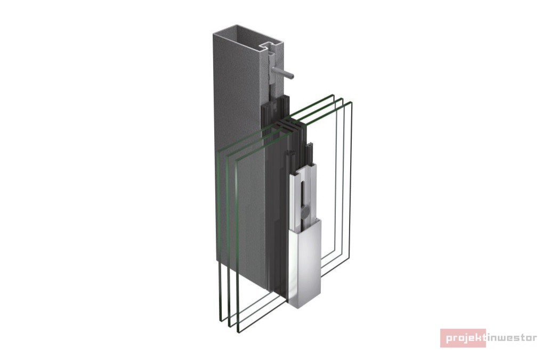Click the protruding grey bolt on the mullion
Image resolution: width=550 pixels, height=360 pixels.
(x=285, y=73)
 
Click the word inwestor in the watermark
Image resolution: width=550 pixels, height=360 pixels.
(x=512, y=338)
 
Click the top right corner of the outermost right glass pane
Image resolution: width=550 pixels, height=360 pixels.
(x=351, y=102)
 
